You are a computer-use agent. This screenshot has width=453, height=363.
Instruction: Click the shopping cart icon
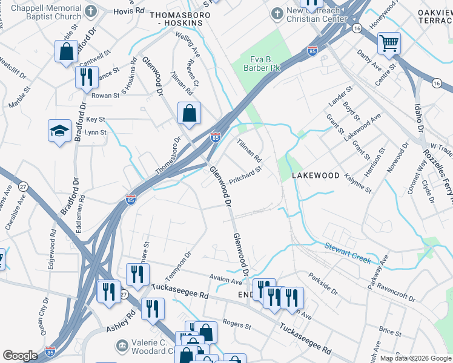point(389,44)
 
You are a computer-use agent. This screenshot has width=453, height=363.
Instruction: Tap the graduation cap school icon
point(60,131)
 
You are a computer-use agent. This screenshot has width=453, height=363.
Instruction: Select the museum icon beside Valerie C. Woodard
point(121,345)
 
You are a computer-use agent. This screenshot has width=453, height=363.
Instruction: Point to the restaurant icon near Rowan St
point(86,77)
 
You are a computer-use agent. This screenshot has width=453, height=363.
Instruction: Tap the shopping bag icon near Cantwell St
point(67,51)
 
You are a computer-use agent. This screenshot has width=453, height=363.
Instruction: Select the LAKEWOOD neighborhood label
point(316,175)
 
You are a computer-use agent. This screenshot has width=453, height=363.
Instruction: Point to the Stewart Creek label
point(347,252)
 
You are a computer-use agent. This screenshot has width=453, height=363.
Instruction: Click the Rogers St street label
point(236,325)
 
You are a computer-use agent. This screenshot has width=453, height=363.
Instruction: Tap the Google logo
point(20,356)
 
